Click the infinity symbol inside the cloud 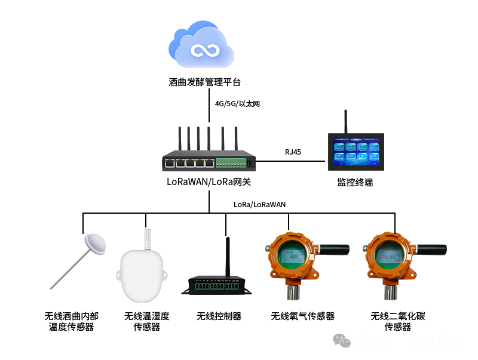point(202,50)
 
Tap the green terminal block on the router point(230,162)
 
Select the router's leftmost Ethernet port point(171,162)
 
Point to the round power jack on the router point(250,162)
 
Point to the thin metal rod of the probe point(69,270)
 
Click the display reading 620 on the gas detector point(293,257)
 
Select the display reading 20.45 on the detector point(389,257)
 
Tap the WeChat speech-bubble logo point(342,340)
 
